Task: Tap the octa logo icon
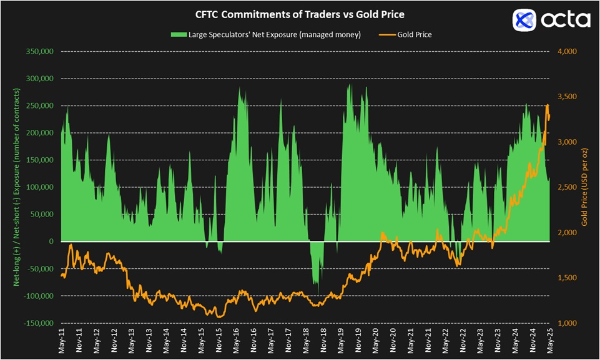click(524, 20)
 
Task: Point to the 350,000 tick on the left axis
click(39, 52)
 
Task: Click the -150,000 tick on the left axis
click(37, 323)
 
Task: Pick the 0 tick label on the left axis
click(50, 241)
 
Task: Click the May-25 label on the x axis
click(550, 341)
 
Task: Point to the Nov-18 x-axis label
click(323, 341)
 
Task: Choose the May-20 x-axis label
click(376, 341)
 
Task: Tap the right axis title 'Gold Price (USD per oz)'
click(585, 187)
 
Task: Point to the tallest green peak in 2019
click(350, 85)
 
